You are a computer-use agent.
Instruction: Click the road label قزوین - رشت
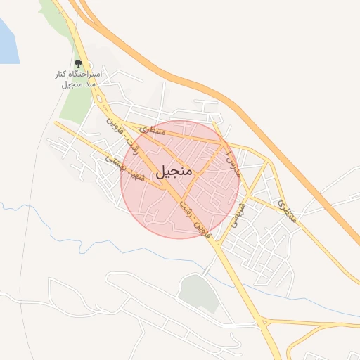195,219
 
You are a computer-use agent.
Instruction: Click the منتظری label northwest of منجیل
153,129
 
